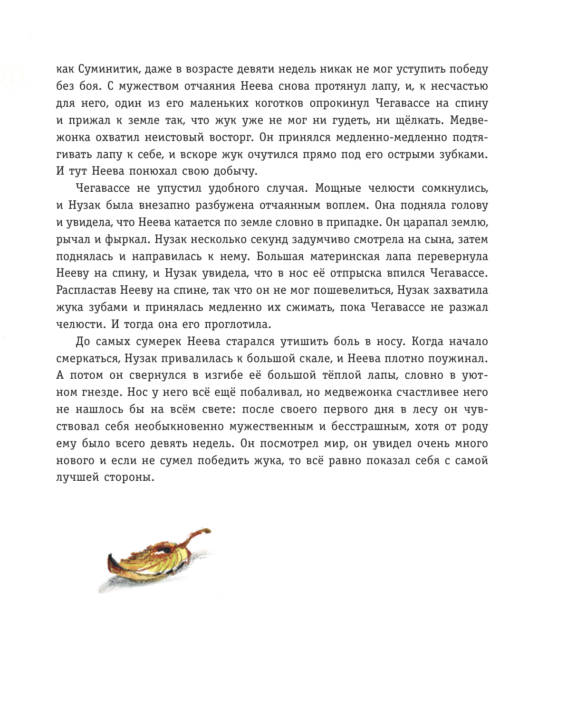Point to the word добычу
tap(234, 171)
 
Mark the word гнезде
tap(101, 393)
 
